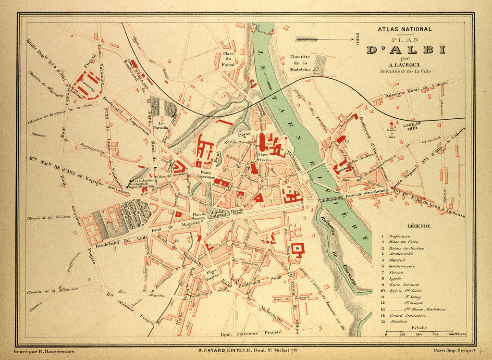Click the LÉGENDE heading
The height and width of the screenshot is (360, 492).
418,226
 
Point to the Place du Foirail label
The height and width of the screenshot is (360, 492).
228,56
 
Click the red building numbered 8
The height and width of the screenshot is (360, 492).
291,195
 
